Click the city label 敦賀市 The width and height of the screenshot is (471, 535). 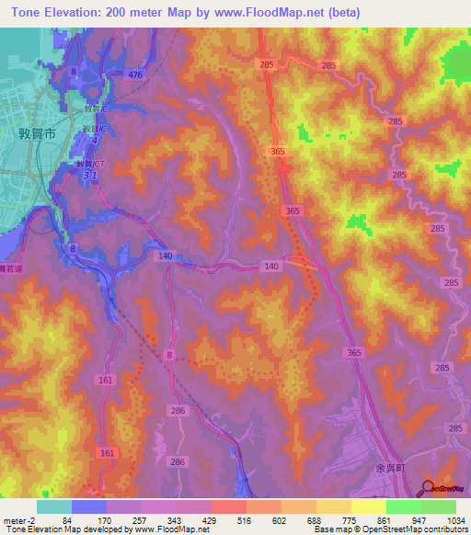pyautogui.click(x=38, y=132)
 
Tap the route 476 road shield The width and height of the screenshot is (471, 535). pyautogui.click(x=135, y=74)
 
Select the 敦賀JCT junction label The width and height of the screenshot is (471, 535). pyautogui.click(x=89, y=165)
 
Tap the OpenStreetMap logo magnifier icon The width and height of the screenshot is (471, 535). pyautogui.click(x=428, y=489)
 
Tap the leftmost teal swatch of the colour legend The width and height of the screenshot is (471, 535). pyautogui.click(x=54, y=507)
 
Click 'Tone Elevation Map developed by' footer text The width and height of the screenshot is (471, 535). pyautogui.click(x=67, y=530)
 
